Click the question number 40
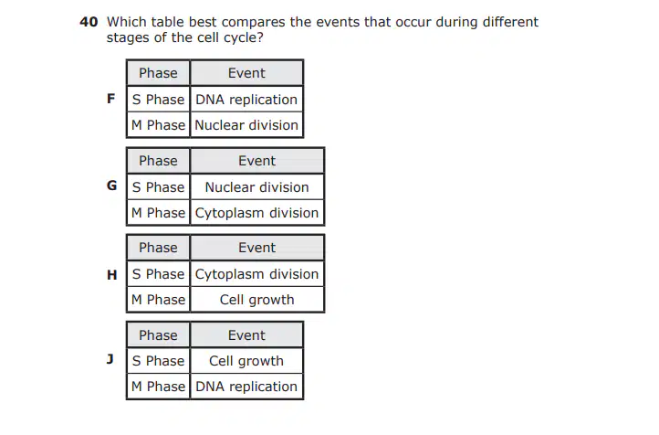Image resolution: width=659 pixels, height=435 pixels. (89, 22)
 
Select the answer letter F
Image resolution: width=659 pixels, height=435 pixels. (111, 99)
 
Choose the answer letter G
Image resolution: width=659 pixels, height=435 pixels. (111, 186)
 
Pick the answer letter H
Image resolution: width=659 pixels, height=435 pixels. (111, 275)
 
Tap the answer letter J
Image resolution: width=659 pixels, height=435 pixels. (110, 359)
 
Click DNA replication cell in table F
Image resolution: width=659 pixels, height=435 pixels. (246, 100)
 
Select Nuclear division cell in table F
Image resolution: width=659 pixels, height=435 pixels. (246, 125)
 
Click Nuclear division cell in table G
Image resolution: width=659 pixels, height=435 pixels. (256, 186)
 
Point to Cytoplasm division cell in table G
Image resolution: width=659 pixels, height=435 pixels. (256, 213)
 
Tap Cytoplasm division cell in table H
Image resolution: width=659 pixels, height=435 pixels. (256, 274)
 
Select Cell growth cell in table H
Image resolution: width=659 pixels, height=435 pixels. (256, 300)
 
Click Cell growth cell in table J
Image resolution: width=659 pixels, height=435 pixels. (246, 361)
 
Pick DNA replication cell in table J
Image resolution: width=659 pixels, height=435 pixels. (246, 387)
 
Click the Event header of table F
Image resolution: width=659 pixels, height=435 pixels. (246, 73)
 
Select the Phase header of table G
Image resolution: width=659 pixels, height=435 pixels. (158, 161)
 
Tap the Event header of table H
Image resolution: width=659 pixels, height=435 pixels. (256, 248)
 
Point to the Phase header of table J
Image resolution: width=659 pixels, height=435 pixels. (158, 335)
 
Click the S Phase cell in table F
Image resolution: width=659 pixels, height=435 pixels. (158, 100)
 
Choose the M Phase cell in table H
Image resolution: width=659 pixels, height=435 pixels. (158, 300)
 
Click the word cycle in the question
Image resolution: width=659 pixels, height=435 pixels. (239, 38)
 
